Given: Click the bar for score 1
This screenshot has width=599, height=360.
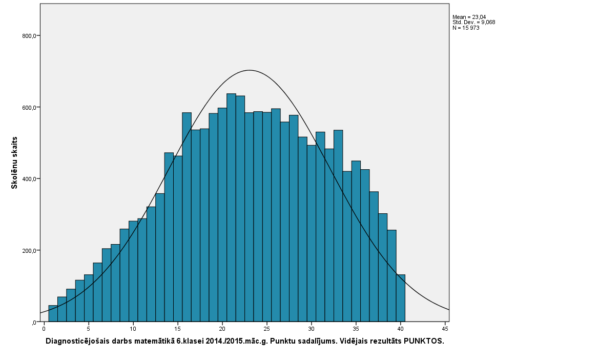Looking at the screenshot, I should click(53, 314).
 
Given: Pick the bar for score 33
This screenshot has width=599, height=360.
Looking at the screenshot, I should click(338, 226).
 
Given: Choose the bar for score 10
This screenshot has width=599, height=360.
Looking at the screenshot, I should click(133, 271).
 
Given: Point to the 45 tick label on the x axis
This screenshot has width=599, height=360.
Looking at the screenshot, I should click(445, 328).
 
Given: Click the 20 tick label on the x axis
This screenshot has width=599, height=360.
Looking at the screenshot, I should click(222, 328).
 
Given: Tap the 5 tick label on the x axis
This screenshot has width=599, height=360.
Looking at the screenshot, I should click(89, 328).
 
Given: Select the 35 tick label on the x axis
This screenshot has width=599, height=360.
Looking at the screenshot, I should click(356, 328).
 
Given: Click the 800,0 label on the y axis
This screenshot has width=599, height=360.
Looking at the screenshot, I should click(27, 36).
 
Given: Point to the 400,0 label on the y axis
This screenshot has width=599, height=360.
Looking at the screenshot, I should click(27, 179).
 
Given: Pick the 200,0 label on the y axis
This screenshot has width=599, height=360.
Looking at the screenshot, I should click(27, 251).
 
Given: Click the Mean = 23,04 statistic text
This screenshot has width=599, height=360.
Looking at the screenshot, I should click(469, 17).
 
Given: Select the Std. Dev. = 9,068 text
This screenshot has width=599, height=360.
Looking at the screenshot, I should click(473, 22).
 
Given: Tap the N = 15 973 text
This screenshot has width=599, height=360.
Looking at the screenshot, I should click(466, 28).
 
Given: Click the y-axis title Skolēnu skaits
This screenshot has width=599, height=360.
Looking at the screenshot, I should click(15, 163).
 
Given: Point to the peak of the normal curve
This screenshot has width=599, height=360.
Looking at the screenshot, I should click(249, 70).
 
